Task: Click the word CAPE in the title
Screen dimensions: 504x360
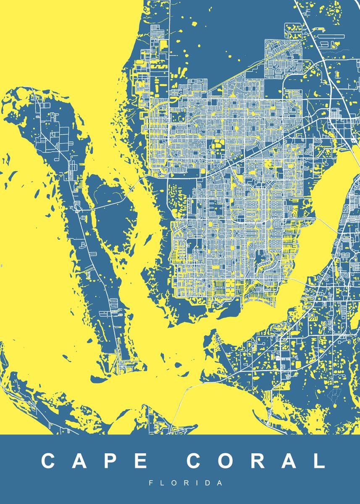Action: tap(95, 461)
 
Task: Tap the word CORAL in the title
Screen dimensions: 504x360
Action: tap(255, 461)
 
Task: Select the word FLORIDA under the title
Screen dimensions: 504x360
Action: tap(186, 483)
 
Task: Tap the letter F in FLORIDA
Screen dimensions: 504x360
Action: tap(151, 483)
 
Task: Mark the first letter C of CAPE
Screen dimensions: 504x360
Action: tap(49, 461)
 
